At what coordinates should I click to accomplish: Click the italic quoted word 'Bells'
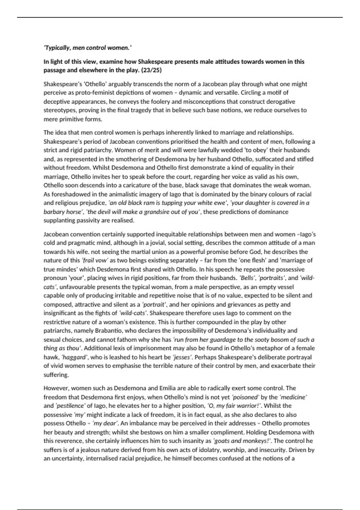coord(247,278)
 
